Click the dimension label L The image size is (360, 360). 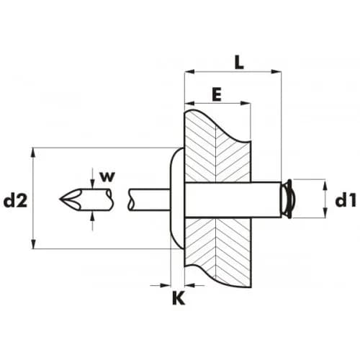239,62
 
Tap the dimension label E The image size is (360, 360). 217,94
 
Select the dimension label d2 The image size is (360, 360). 16,200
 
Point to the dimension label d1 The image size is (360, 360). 346,200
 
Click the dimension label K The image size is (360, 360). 179,298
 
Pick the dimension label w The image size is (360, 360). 107,176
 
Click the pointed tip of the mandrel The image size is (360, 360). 60,199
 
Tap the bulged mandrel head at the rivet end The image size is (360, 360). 288,199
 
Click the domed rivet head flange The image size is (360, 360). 177,198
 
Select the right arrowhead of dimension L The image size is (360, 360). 276,71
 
